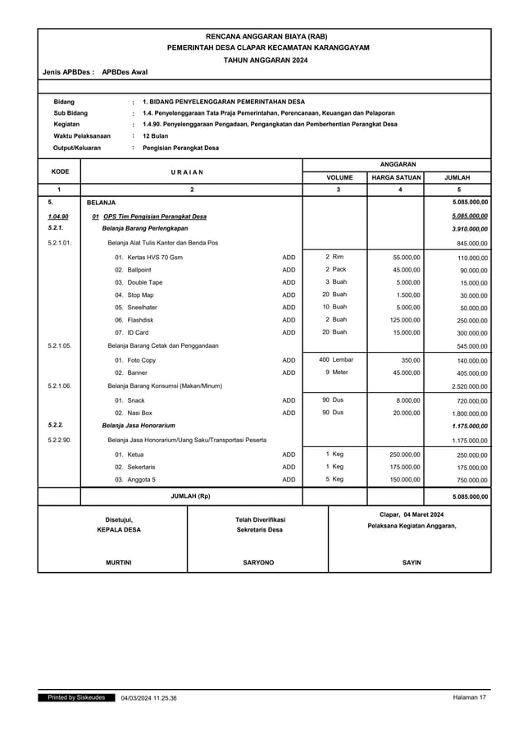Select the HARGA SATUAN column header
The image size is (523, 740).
[396, 177]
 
